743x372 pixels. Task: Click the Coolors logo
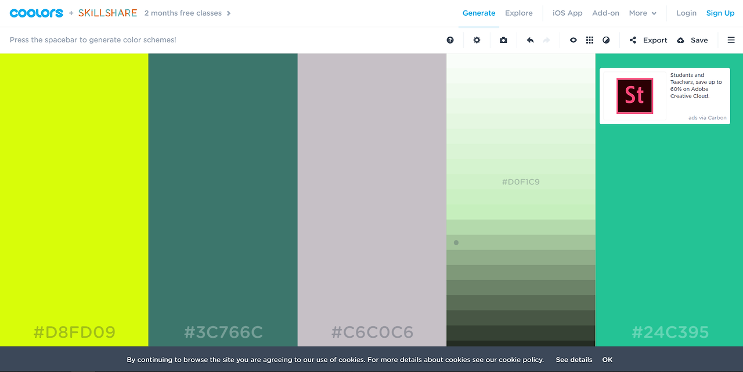37,13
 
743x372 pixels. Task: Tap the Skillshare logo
107,13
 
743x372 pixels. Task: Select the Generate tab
479,13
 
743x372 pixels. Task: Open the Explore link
519,13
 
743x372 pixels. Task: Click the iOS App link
567,13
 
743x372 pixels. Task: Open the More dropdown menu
643,13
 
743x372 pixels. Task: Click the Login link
686,13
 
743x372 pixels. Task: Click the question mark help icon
450,40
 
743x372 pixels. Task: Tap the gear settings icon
477,40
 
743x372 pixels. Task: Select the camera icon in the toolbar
503,40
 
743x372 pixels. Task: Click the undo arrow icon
530,40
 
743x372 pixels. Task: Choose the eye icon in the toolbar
573,40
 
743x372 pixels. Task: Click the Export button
648,40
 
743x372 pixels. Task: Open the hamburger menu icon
731,40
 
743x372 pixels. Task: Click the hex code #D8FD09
74,332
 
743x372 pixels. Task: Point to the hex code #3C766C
223,332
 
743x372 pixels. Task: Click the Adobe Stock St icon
634,96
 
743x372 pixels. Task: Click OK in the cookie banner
607,360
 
